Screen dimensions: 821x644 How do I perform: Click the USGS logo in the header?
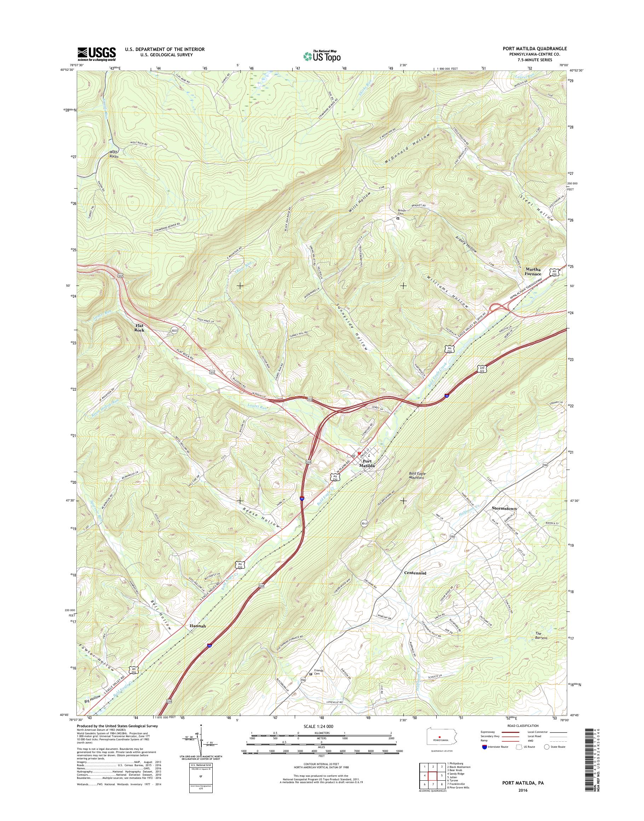click(97, 54)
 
